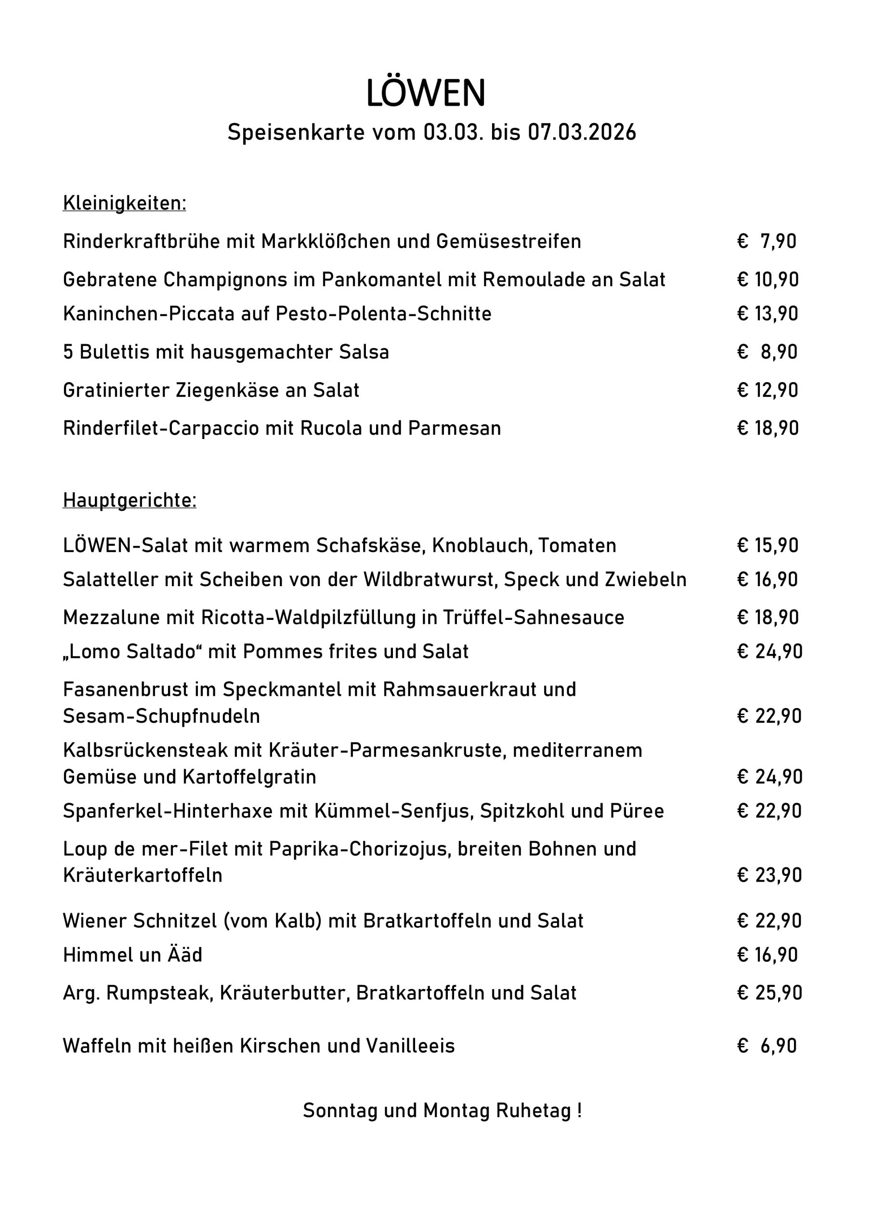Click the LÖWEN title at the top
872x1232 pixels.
pos(425,93)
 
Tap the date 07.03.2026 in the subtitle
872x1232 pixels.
pos(582,132)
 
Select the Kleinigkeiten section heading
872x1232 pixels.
pos(124,204)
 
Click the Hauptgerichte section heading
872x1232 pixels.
pos(130,500)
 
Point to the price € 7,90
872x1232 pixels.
pos(767,242)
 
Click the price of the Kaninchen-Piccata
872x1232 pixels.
pos(768,313)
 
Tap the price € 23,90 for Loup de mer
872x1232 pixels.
pos(769,875)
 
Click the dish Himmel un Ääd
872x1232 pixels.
pos(132,955)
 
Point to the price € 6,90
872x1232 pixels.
pos(767,1046)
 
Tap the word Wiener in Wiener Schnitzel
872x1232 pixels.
pos(94,921)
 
